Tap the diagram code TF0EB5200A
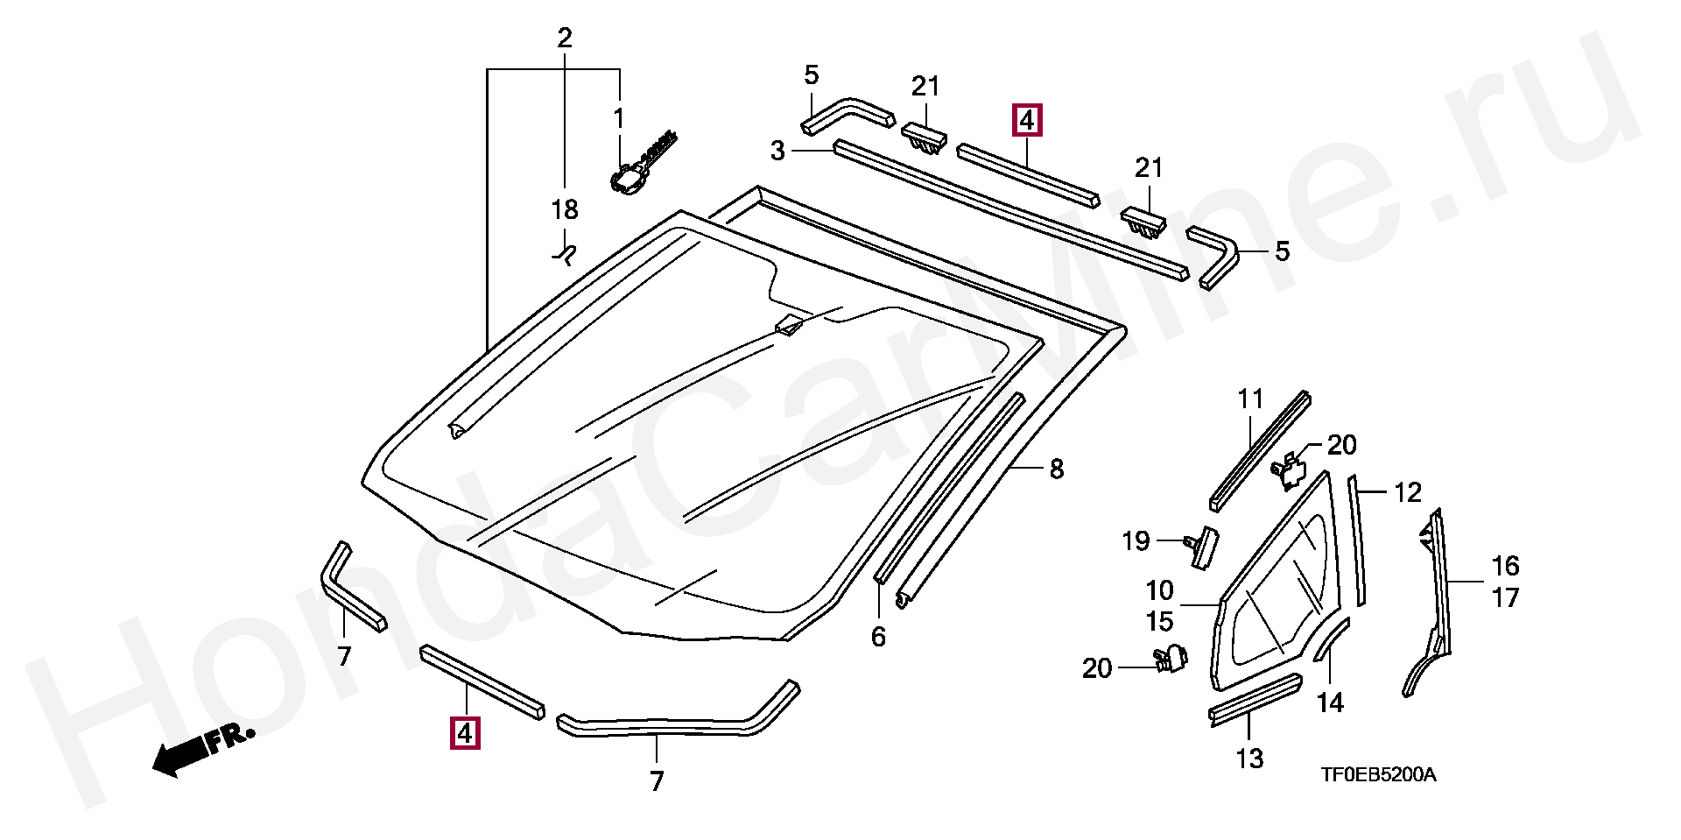click(1379, 774)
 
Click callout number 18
click(565, 210)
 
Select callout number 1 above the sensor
click(618, 116)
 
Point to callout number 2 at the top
click(565, 38)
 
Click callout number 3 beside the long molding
click(777, 152)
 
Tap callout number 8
click(1057, 469)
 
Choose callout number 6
click(878, 637)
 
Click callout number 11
click(1251, 399)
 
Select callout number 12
click(1407, 492)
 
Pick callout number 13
click(1250, 758)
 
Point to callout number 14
click(1330, 702)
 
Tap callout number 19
click(1136, 541)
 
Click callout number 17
click(1506, 598)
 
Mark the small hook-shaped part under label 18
click(565, 254)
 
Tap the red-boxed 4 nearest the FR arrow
click(464, 731)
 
